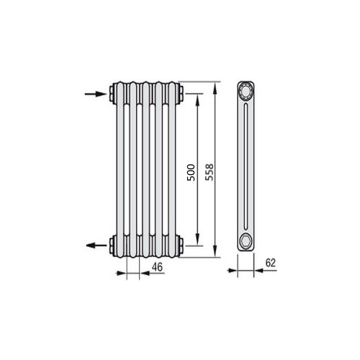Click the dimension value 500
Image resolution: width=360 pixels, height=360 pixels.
191,172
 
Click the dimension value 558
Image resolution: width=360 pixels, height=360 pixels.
209,172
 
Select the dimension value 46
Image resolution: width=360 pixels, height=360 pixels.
158,267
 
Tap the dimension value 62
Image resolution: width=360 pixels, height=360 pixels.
271,263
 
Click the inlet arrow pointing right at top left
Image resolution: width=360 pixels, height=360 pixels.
96,94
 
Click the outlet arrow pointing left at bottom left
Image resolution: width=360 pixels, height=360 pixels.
96,246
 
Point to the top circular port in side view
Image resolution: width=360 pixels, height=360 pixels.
246,91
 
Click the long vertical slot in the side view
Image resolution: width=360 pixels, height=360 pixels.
246,166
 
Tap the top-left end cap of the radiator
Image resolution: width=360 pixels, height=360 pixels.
112,94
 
